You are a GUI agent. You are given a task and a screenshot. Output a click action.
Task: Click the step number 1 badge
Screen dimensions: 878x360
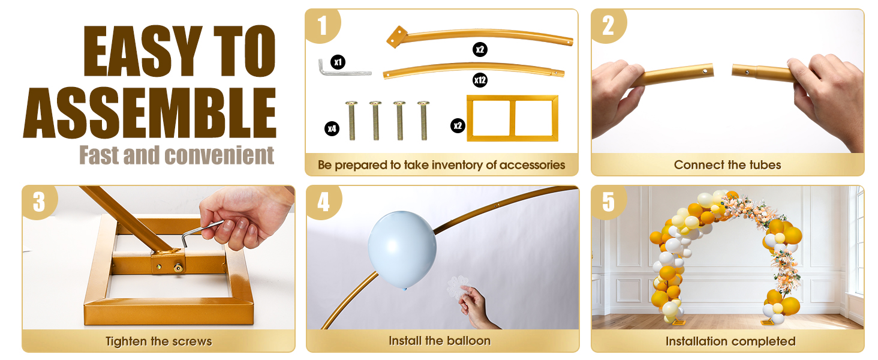(x=322, y=25)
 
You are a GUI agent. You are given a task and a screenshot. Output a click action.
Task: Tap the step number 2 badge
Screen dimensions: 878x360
(x=608, y=25)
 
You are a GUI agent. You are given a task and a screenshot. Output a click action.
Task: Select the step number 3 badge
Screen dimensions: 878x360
(x=39, y=202)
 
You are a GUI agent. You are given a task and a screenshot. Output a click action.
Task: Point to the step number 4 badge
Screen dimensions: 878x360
(x=323, y=202)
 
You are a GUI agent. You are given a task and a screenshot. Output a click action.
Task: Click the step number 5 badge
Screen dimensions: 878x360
(x=608, y=202)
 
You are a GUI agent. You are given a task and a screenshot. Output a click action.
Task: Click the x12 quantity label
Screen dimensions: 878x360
(x=480, y=80)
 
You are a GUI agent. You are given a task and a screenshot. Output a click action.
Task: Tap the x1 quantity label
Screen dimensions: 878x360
(x=338, y=62)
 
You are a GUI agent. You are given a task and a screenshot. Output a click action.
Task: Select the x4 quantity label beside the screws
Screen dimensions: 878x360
(x=332, y=128)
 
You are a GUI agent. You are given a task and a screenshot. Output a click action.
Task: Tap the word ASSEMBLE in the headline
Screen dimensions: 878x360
(x=150, y=113)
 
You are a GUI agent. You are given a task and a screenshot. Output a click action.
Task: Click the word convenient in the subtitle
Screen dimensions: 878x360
(x=219, y=155)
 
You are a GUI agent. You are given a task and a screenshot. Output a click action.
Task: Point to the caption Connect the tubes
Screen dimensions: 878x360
(x=727, y=165)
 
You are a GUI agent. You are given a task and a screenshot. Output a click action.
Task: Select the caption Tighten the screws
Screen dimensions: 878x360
(x=159, y=341)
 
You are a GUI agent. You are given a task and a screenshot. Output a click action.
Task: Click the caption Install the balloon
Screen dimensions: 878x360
(x=440, y=341)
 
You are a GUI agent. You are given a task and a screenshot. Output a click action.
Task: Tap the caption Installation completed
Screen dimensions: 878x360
(x=730, y=341)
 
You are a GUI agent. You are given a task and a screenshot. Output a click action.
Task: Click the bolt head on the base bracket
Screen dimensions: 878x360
(x=179, y=268)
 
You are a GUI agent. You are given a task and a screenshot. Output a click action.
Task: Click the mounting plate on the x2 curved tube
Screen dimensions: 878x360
(x=396, y=37)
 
